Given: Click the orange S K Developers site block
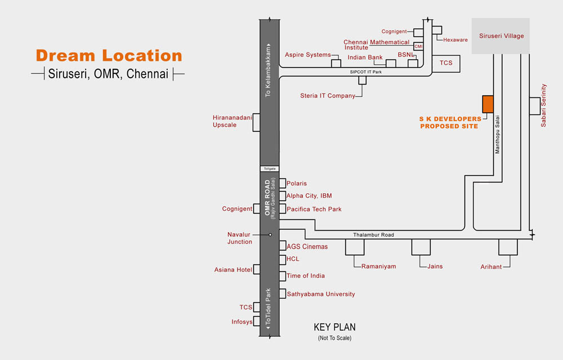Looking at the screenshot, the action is (488, 104).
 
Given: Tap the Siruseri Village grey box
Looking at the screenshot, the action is (501, 36).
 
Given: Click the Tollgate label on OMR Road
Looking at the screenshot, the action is (270, 168).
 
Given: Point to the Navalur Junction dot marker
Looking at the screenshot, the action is (270, 234).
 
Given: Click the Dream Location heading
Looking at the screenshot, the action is (109, 55).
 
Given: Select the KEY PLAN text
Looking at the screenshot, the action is (334, 327).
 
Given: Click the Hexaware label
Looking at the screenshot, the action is (455, 40).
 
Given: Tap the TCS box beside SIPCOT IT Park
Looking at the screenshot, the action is (446, 64).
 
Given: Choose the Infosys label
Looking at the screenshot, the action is (242, 322).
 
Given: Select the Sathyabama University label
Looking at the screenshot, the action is (321, 294).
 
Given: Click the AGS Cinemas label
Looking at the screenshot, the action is (307, 246).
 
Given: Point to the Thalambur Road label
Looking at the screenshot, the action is (373, 234).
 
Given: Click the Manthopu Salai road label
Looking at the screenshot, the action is (497, 135).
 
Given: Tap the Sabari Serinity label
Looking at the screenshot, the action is (543, 105).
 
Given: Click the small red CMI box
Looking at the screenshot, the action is (418, 46).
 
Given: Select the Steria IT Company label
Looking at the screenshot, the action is (328, 96).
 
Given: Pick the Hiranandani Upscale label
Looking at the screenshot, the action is (233, 121).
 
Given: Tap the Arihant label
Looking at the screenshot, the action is (491, 266).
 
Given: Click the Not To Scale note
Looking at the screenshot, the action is (334, 337).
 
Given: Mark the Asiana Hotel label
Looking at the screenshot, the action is (233, 269).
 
